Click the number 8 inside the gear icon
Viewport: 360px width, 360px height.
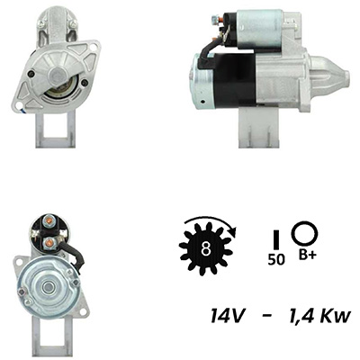(x=205, y=248)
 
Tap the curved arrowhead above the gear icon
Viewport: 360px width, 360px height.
(x=232, y=231)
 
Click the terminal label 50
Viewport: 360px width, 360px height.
(x=276, y=259)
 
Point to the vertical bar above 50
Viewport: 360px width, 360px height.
(x=276, y=239)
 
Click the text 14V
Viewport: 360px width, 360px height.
(x=228, y=315)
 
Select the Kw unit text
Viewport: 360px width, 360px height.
(x=337, y=315)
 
